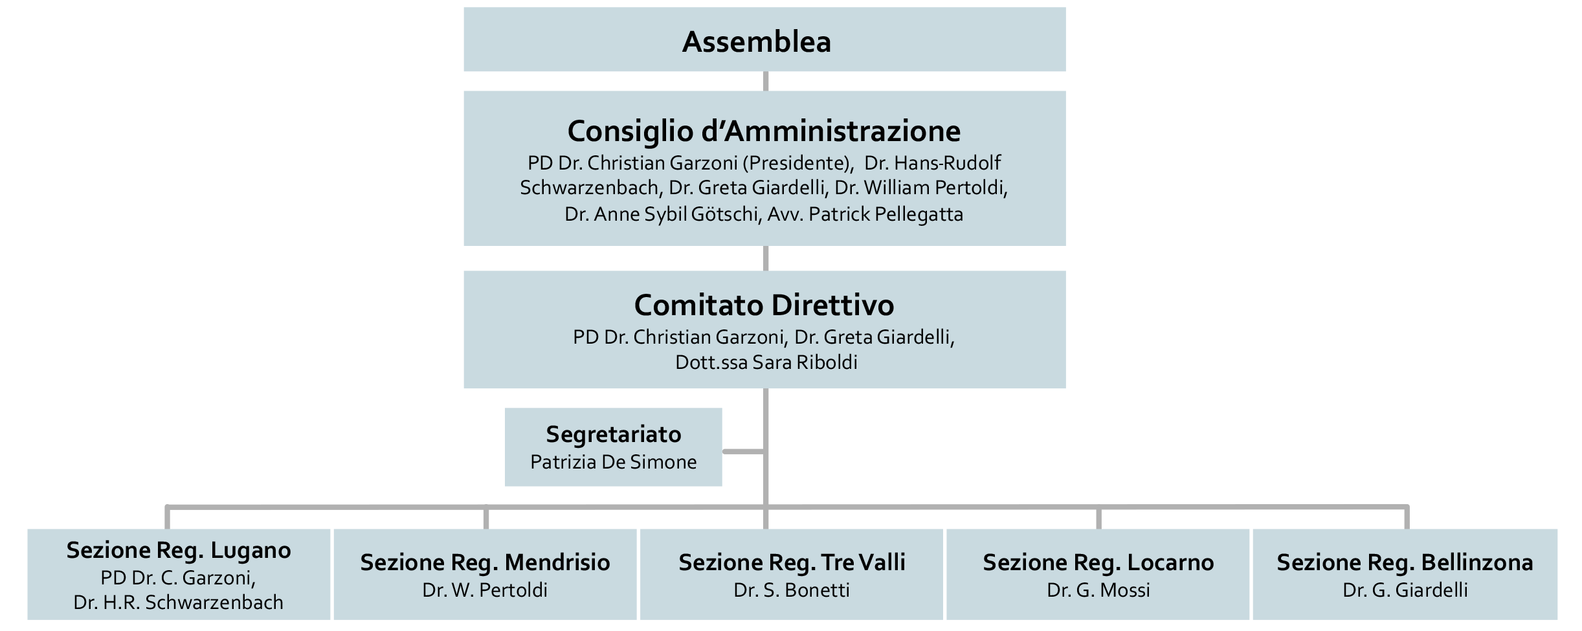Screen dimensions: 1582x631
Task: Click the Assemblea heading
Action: point(756,42)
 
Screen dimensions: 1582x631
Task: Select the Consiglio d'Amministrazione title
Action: point(764,131)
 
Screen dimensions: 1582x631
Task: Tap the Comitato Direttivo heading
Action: point(764,305)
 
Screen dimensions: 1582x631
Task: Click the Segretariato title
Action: point(613,434)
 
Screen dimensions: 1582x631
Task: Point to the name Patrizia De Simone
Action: point(613,462)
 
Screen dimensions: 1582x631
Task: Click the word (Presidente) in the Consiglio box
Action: point(796,163)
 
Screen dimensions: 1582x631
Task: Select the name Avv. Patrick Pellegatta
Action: point(865,214)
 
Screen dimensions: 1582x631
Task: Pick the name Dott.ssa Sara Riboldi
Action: point(766,362)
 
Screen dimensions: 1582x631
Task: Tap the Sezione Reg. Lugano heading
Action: point(179,550)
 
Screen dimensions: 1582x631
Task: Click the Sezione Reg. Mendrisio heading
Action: point(485,562)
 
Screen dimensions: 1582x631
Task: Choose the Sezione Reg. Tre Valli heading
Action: point(792,562)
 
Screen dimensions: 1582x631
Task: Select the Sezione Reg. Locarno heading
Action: point(1098,562)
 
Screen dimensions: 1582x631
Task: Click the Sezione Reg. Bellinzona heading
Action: point(1405,562)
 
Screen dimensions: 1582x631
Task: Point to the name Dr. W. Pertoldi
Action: point(485,590)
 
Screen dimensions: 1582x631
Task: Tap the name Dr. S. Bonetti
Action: point(792,590)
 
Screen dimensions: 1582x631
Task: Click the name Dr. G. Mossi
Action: point(1098,590)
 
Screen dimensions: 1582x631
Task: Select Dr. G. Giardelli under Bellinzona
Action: point(1405,590)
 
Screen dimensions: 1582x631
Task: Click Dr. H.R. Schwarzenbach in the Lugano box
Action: point(179,603)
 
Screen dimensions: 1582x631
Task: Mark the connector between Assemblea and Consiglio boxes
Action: point(766,81)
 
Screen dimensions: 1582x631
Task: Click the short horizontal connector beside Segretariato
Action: point(743,451)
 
